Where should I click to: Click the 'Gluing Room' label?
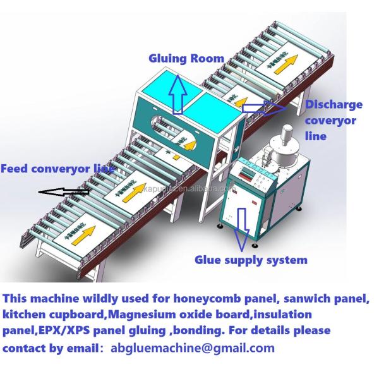(x=186, y=59)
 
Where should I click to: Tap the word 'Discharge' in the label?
(x=334, y=104)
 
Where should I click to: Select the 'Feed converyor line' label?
(x=57, y=169)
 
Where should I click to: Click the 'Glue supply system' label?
(x=251, y=260)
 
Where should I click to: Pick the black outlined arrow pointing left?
(x=63, y=190)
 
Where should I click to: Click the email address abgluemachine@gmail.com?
(x=193, y=348)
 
